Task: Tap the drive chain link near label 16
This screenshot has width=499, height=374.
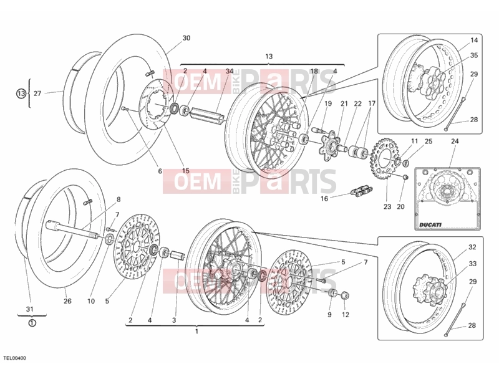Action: [362, 191]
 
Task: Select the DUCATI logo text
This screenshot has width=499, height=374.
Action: [430, 224]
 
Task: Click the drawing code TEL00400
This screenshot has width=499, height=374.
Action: [14, 358]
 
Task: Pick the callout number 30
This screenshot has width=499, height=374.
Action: [186, 38]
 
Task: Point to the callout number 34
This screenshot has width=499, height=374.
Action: [230, 71]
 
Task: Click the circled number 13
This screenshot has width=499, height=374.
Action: [21, 93]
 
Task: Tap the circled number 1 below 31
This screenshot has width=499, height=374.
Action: [32, 323]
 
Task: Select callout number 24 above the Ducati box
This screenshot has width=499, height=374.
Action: [455, 141]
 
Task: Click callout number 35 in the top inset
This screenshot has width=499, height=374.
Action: [474, 55]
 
